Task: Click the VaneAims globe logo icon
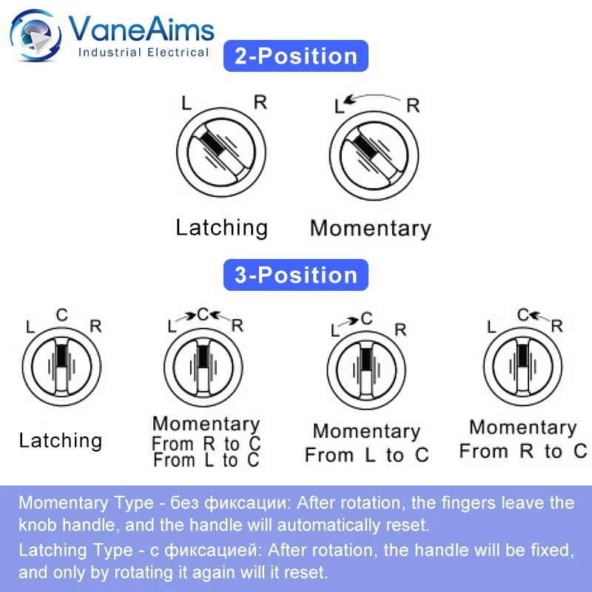[36, 35]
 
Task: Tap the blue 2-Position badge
[295, 56]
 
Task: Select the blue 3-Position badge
[295, 275]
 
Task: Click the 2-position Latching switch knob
[221, 152]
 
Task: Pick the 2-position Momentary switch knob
[374, 155]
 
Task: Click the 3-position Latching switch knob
[61, 366]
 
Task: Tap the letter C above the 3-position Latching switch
[62, 315]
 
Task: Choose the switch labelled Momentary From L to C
[366, 370]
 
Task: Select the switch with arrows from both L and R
[203, 367]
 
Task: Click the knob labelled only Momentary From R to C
[523, 366]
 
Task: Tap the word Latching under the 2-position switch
[221, 228]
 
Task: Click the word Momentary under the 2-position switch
[371, 229]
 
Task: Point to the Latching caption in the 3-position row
[61, 440]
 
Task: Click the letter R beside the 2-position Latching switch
[260, 102]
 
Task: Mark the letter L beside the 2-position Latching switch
[186, 103]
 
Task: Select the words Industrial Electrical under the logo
[144, 52]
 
